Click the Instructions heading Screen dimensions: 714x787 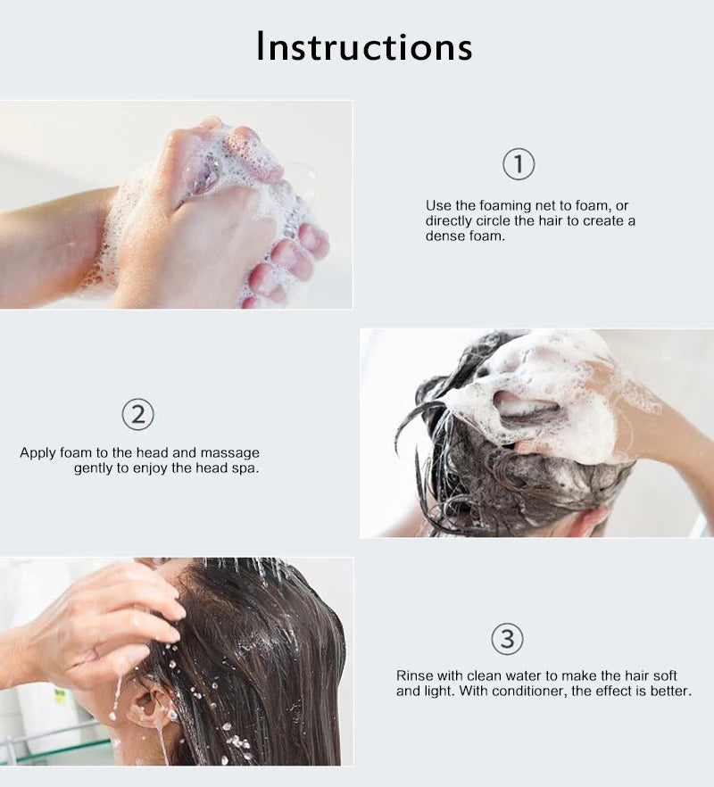364,46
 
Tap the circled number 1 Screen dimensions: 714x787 519,164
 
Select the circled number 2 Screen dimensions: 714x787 138,414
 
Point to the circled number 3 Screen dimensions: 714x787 507,639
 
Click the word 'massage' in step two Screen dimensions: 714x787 230,453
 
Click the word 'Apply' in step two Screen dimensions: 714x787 37,453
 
